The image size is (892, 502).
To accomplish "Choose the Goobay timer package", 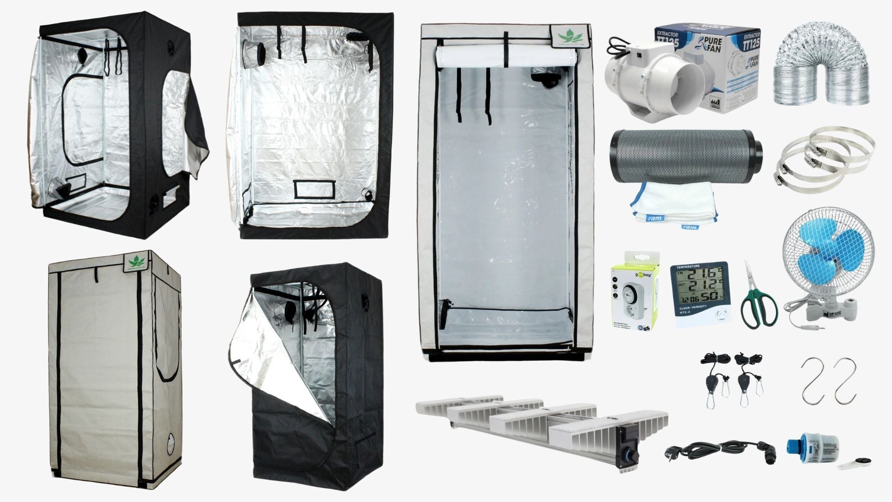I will click(x=634, y=291).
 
